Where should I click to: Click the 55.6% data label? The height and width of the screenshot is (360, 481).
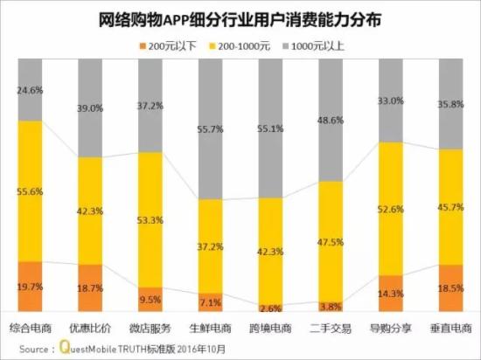click(x=31, y=190)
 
